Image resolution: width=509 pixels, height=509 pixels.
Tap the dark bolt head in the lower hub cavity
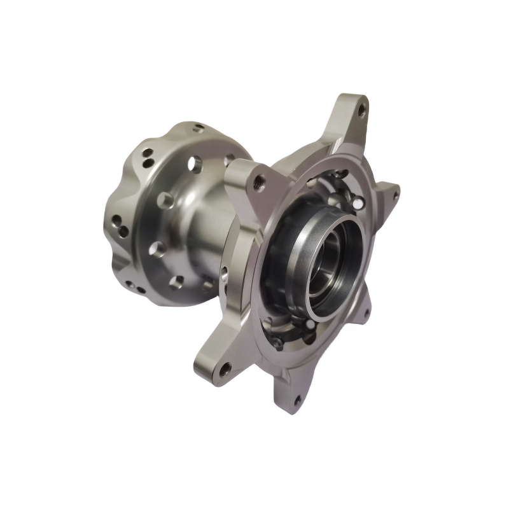[278, 342]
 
